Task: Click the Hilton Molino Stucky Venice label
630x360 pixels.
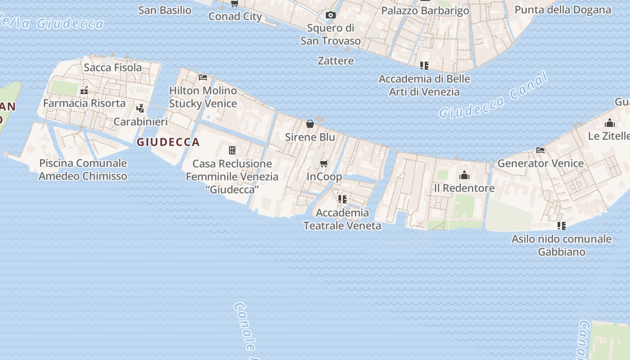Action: click(203, 97)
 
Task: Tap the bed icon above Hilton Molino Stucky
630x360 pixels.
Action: click(203, 77)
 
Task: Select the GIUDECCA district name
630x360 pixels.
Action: click(168, 142)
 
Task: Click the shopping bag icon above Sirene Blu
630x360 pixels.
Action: click(310, 123)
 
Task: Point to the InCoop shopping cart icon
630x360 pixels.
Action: click(324, 163)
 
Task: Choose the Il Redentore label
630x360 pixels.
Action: click(464, 188)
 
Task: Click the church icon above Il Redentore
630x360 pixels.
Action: click(464, 175)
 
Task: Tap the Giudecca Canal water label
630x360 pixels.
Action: click(494, 96)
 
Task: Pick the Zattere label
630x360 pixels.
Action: click(336, 61)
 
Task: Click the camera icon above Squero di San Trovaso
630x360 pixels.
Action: click(331, 15)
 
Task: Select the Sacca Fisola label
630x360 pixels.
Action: click(112, 67)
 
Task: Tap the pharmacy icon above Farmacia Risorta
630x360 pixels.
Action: click(84, 90)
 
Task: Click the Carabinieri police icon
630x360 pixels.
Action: click(140, 108)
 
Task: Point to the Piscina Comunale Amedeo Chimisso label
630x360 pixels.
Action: click(83, 169)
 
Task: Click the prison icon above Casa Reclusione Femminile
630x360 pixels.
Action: click(232, 150)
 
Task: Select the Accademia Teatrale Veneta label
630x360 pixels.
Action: click(342, 219)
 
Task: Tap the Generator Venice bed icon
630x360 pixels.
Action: click(540, 150)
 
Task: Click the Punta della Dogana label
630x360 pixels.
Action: click(562, 10)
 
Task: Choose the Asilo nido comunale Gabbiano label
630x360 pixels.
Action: click(562, 245)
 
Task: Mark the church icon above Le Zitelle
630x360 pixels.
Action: click(610, 123)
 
